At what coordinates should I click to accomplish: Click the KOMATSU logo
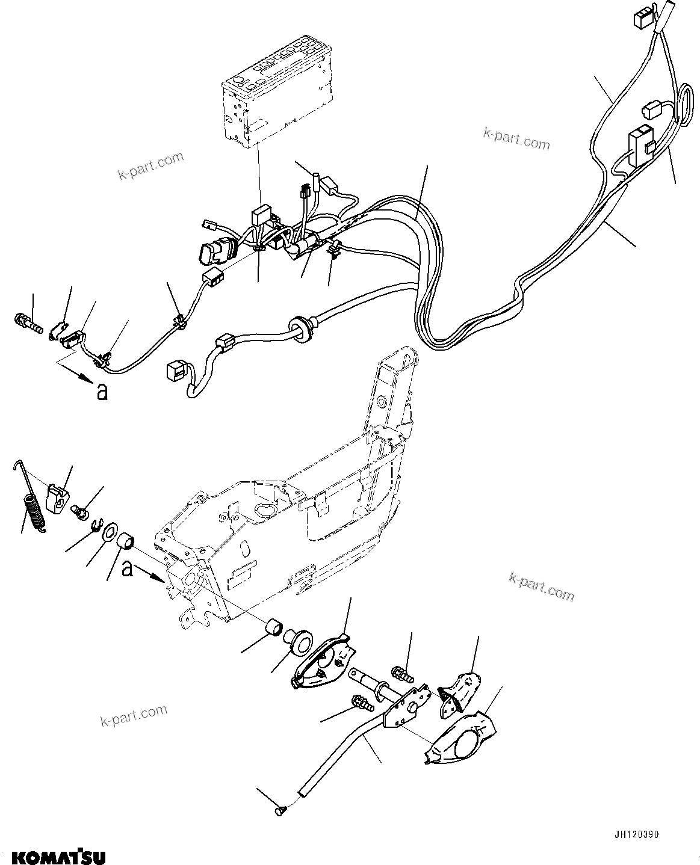point(55,855)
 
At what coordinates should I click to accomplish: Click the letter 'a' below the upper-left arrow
point(102,392)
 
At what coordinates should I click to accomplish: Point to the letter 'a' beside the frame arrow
point(127,568)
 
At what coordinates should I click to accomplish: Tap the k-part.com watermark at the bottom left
point(134,716)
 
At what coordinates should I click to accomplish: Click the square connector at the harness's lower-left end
point(175,371)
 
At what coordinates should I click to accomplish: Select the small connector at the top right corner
point(641,20)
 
